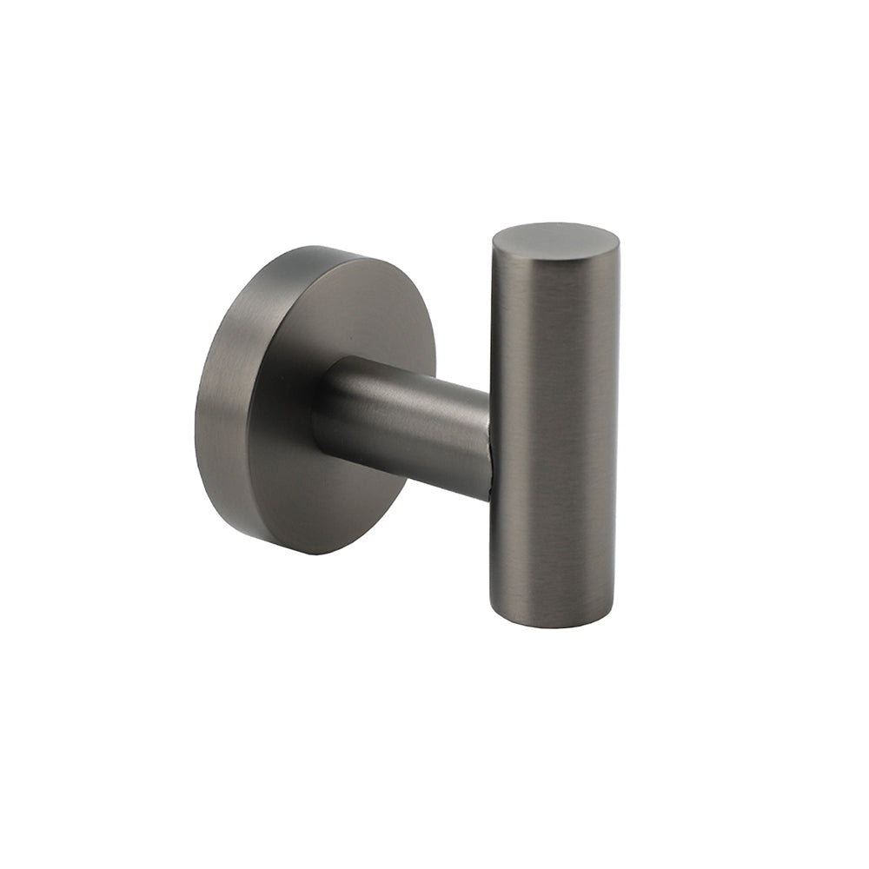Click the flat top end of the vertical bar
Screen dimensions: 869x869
555,238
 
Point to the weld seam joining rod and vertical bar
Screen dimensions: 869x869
491,443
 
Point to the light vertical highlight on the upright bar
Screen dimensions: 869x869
521,417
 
